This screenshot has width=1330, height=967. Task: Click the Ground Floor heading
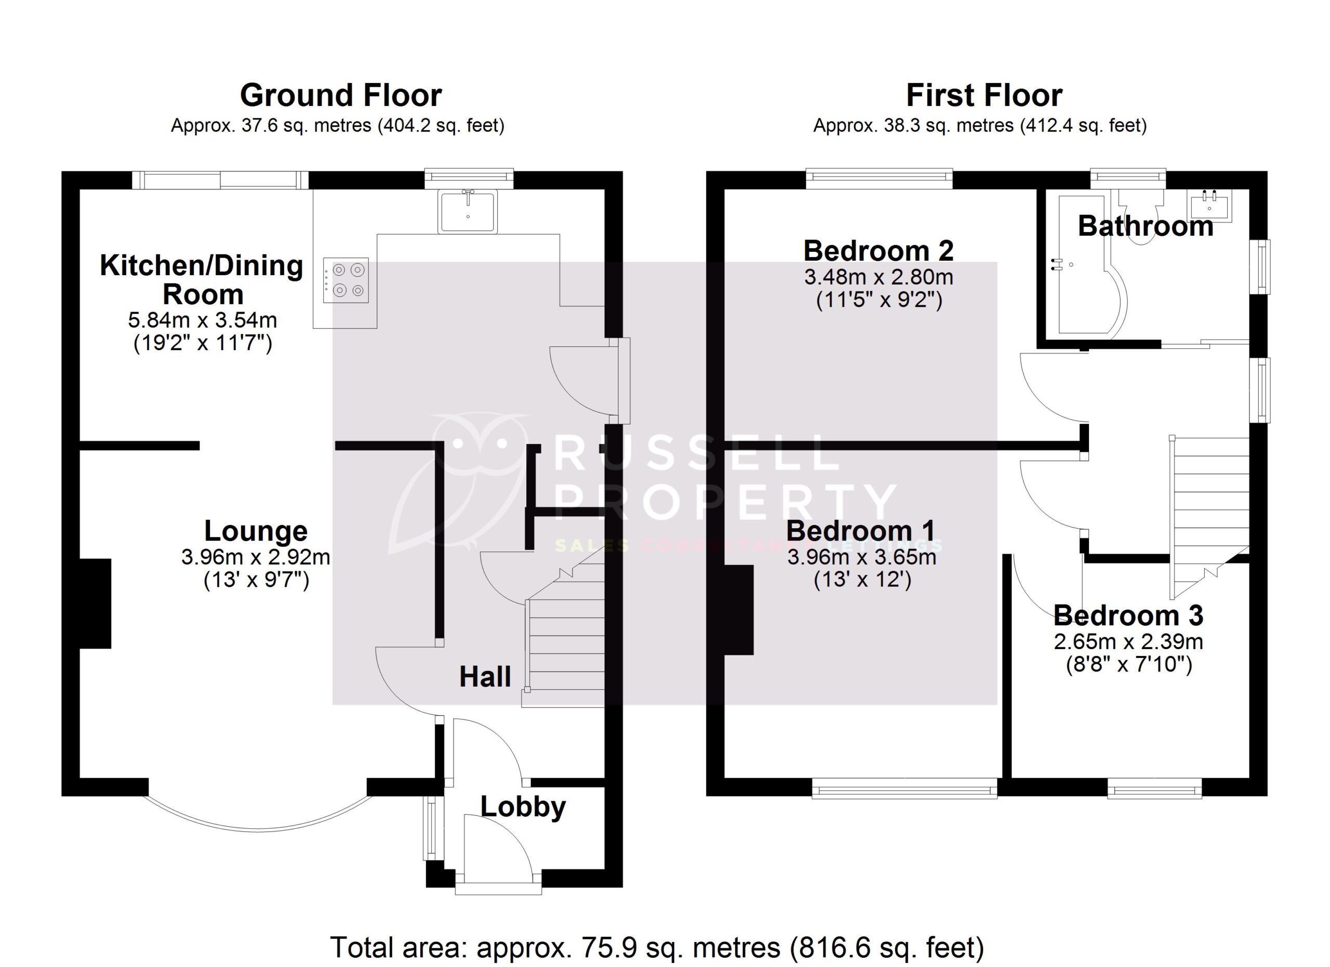click(341, 96)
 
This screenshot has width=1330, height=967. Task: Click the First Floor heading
click(983, 96)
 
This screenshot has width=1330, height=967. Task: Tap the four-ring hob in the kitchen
click(346, 280)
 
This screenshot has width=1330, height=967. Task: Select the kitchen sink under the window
click(468, 211)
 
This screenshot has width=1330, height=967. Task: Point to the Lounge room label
click(256, 531)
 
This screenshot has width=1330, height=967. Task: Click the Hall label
click(485, 677)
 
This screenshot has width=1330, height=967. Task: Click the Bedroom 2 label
click(879, 251)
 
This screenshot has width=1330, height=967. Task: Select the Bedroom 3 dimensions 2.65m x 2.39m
click(1128, 642)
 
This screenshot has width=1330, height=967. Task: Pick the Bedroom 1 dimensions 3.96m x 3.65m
click(861, 557)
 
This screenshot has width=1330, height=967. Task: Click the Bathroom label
click(1145, 226)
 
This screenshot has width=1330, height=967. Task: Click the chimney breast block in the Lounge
click(95, 603)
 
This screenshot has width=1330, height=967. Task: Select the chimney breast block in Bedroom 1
click(738, 610)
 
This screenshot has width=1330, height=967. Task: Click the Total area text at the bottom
click(657, 947)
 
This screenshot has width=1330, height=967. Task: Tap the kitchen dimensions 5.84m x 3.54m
click(202, 320)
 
